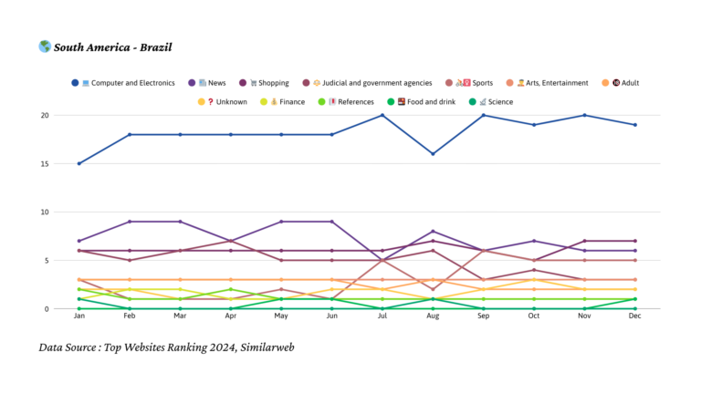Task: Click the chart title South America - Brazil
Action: (112, 47)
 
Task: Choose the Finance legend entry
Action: (287, 102)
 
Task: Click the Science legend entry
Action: (496, 102)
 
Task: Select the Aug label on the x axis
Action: (433, 317)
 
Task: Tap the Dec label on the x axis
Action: (635, 317)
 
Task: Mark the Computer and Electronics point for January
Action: (79, 163)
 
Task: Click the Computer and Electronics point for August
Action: (433, 154)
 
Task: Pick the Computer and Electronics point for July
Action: (382, 115)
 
